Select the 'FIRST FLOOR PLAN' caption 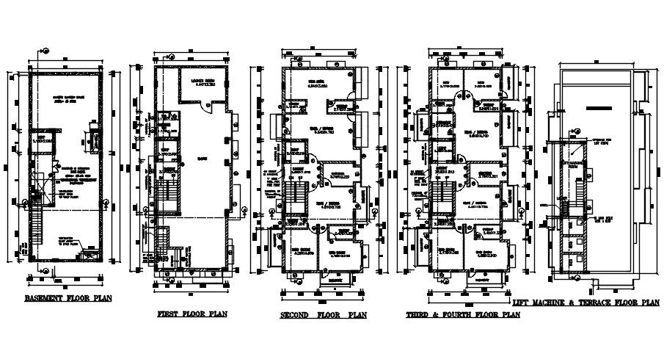tap(192, 314)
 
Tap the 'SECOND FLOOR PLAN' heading tap(323, 316)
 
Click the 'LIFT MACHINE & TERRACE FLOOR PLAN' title tap(586, 302)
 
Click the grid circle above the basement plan tap(45, 51)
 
